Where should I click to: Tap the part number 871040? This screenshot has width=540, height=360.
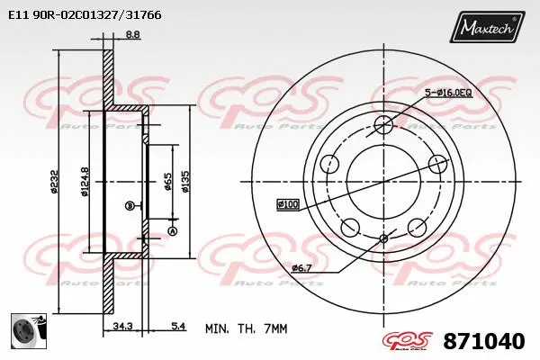(x=484, y=342)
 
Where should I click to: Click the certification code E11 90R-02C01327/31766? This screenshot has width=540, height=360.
(x=80, y=14)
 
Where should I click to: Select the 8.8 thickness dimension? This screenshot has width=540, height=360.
(x=131, y=35)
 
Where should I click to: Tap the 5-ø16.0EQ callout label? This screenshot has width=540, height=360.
(x=450, y=93)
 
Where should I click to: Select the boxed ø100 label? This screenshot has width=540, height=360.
(x=288, y=205)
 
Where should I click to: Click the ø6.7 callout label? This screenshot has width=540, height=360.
(x=301, y=267)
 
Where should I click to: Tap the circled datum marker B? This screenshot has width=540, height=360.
(x=130, y=206)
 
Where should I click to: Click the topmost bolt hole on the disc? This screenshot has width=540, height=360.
(x=383, y=125)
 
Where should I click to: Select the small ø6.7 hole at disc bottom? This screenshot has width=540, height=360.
(x=383, y=238)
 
